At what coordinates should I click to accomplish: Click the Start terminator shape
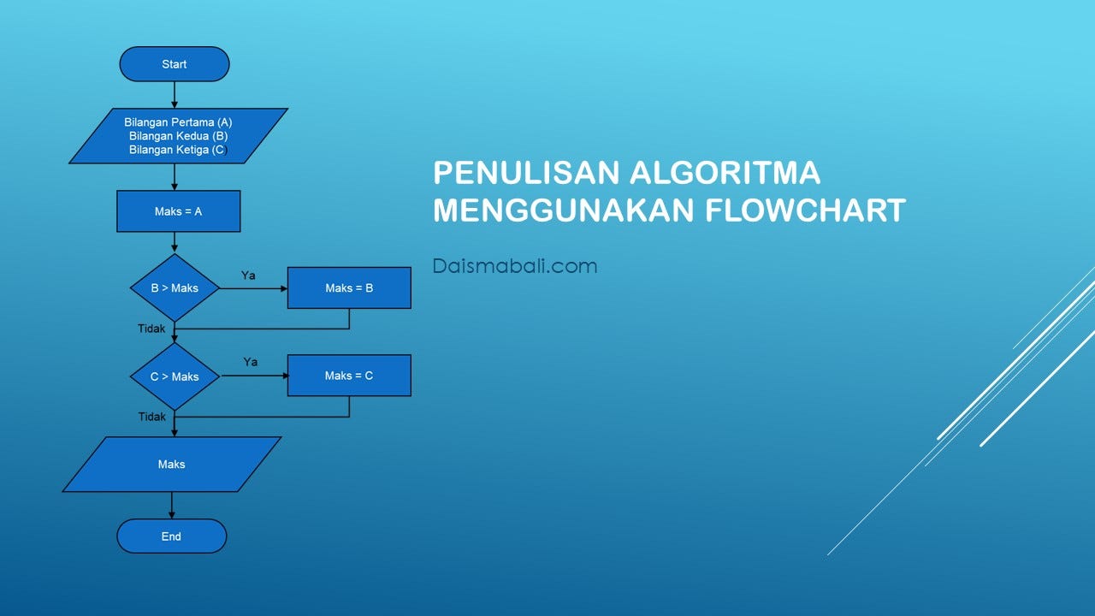(x=175, y=64)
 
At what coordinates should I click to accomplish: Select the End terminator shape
(x=171, y=536)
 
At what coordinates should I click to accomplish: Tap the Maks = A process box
(x=178, y=211)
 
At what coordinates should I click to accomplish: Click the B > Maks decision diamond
(x=175, y=288)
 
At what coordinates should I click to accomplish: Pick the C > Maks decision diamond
(x=175, y=376)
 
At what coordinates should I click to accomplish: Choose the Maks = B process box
(x=349, y=288)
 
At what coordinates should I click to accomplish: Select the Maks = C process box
(x=349, y=376)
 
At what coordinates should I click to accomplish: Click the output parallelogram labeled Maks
(x=171, y=465)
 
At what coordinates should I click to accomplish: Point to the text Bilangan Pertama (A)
(x=178, y=122)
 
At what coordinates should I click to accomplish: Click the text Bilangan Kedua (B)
(x=178, y=136)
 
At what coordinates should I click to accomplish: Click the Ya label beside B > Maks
(x=248, y=275)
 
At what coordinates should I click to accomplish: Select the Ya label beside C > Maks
(x=250, y=362)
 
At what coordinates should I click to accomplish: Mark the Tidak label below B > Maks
(x=151, y=329)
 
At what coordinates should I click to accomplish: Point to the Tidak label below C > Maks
(x=152, y=417)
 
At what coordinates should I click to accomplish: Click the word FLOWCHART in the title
(x=805, y=210)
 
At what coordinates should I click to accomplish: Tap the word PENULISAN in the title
(x=525, y=173)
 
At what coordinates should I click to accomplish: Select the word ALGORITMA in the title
(x=725, y=173)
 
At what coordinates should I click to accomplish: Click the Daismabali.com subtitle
(x=514, y=266)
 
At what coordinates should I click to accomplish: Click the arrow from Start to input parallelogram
(x=175, y=94)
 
